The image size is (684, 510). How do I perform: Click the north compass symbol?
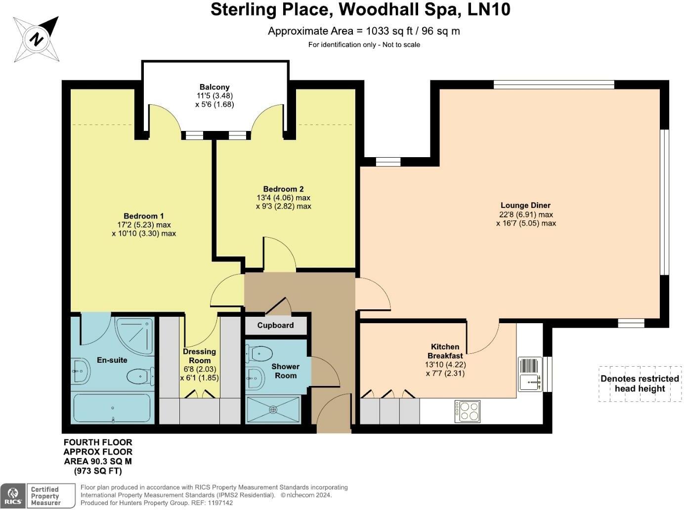coord(36,39)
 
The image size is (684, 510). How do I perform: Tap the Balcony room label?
coord(214,87)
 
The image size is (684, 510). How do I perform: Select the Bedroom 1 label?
coord(143,216)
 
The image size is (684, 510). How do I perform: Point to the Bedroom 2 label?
coord(283,189)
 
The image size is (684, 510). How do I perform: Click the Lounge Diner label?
coord(525,205)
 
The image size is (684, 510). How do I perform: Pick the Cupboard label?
coord(275,325)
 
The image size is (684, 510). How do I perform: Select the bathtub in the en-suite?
coord(112,408)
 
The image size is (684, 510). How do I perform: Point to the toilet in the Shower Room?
coord(259,354)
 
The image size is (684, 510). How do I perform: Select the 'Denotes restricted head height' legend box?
coord(640,383)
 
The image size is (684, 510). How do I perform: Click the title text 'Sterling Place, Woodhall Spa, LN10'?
coord(360,9)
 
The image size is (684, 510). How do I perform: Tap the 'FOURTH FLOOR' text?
coord(98,442)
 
